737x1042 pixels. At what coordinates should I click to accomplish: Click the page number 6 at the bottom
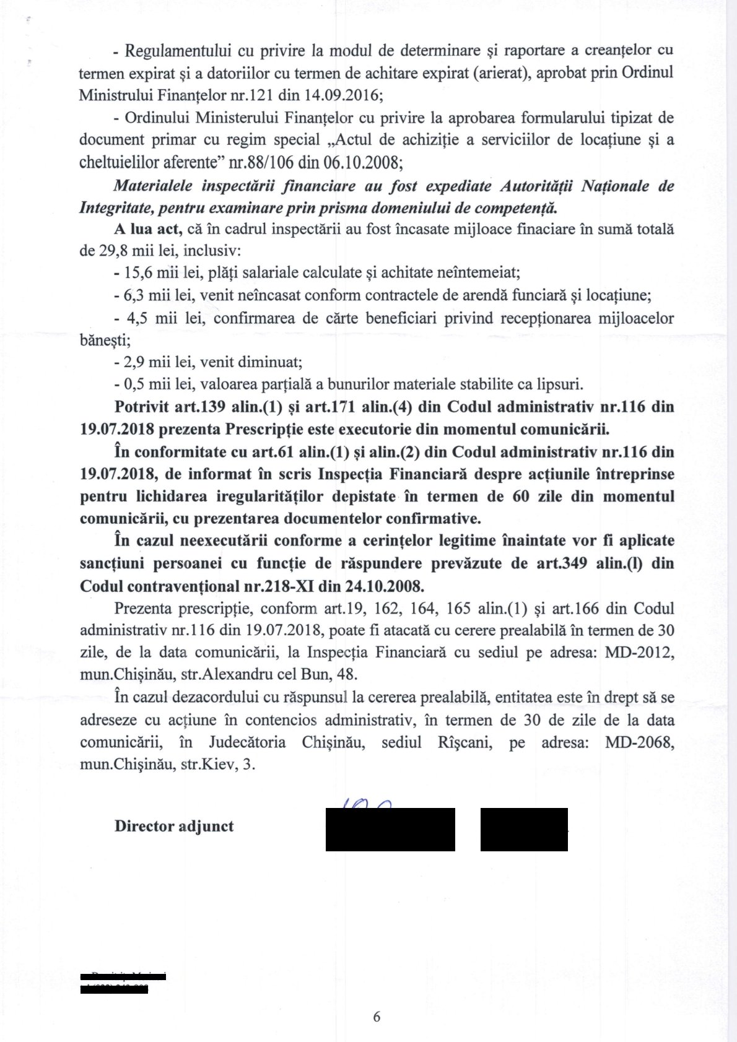[377, 1016]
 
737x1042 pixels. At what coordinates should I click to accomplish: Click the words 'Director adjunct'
[174, 826]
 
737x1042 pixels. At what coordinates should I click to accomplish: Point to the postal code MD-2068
[639, 742]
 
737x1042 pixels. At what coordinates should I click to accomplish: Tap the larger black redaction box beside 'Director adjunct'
[390, 829]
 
